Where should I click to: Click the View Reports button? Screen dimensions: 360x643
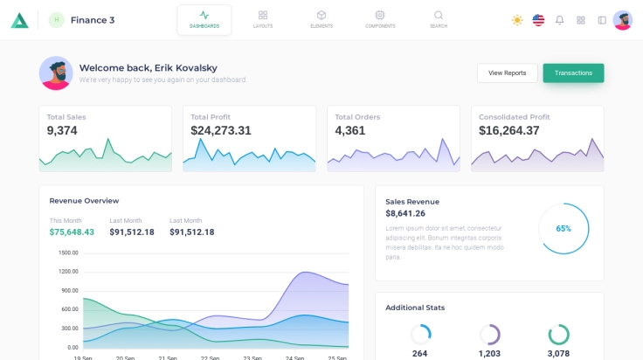pyautogui.click(x=507, y=73)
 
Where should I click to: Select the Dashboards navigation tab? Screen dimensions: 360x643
pyautogui.click(x=204, y=19)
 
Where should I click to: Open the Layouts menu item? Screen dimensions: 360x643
pyautogui.click(x=263, y=19)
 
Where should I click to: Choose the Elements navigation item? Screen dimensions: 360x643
pyautogui.click(x=321, y=19)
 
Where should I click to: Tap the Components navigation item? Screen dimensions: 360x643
pyautogui.click(x=380, y=19)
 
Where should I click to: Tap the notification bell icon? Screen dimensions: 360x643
pyautogui.click(x=560, y=20)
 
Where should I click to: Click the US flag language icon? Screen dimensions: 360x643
pyautogui.click(x=538, y=20)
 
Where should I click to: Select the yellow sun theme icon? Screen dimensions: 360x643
pyautogui.click(x=517, y=20)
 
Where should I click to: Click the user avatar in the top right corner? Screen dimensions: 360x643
pyautogui.click(x=623, y=20)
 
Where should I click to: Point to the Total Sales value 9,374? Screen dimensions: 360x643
pyautogui.click(x=62, y=131)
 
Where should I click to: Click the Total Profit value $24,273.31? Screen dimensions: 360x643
pyautogui.click(x=221, y=131)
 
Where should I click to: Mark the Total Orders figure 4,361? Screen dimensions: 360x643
pyautogui.click(x=351, y=131)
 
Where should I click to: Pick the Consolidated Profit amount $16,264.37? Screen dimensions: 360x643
pyautogui.click(x=509, y=131)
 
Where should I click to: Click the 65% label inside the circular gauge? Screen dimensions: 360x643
pyautogui.click(x=563, y=229)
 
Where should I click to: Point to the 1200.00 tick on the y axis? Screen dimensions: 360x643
pyautogui.click(x=68, y=272)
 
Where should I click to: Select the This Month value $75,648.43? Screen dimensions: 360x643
pyautogui.click(x=72, y=232)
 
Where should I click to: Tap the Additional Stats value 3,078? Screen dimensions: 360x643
pyautogui.click(x=558, y=353)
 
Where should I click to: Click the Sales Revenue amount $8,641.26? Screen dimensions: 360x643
pyautogui.click(x=405, y=213)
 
